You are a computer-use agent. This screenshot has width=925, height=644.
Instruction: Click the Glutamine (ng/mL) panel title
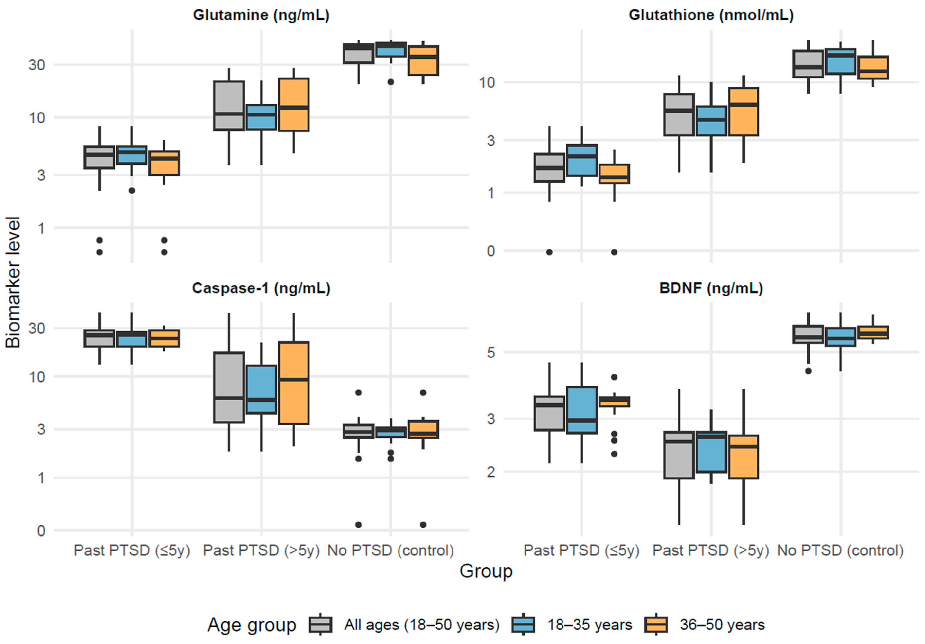(261, 15)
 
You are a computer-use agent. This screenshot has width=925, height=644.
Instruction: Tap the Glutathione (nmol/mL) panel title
(711, 15)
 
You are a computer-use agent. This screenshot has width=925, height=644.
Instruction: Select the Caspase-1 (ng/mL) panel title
(261, 288)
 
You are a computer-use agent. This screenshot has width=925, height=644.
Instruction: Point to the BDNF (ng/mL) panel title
(711, 288)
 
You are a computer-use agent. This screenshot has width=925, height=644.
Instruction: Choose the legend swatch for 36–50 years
(656, 625)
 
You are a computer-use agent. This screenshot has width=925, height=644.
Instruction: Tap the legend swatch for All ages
(321, 625)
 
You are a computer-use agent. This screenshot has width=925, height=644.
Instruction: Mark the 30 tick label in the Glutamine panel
(37, 65)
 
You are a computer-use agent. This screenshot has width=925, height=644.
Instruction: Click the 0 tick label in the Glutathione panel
(491, 251)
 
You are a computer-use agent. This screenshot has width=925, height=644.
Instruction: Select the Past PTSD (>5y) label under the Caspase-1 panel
(261, 550)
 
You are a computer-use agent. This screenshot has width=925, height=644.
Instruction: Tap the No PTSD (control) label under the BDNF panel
(840, 550)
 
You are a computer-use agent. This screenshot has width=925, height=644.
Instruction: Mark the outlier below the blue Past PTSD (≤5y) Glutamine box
(132, 190)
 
